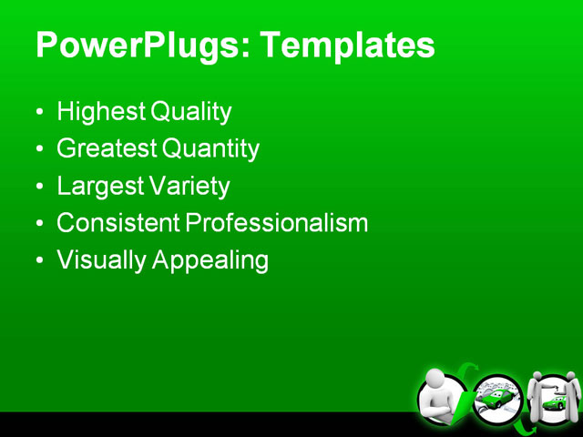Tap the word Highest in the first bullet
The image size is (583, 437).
(x=101, y=112)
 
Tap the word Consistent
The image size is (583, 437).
(x=118, y=223)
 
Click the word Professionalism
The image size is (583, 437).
(x=277, y=223)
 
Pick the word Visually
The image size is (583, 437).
(x=101, y=260)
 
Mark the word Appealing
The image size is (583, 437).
(x=210, y=260)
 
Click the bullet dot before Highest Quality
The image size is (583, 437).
(x=39, y=114)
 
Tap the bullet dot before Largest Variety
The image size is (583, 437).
(x=39, y=188)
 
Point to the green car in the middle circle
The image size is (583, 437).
(x=496, y=399)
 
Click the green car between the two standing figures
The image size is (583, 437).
(x=552, y=401)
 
